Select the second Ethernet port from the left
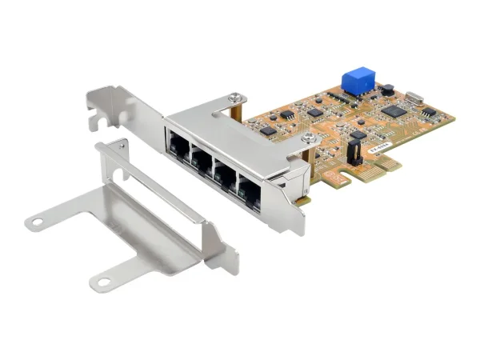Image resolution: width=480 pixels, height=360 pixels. tap(202, 162)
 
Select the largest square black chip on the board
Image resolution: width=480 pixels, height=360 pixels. tap(394, 110)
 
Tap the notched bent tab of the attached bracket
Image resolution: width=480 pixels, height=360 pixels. tap(98, 112)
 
